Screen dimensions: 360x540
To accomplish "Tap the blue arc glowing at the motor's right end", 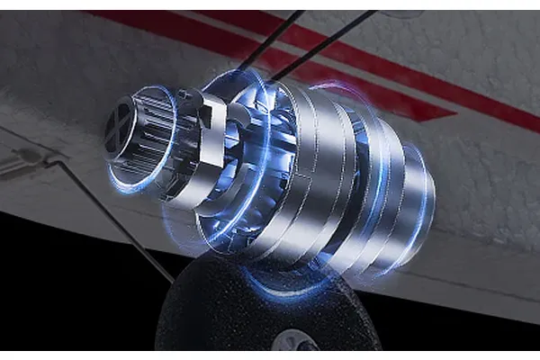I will pos(429,198).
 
